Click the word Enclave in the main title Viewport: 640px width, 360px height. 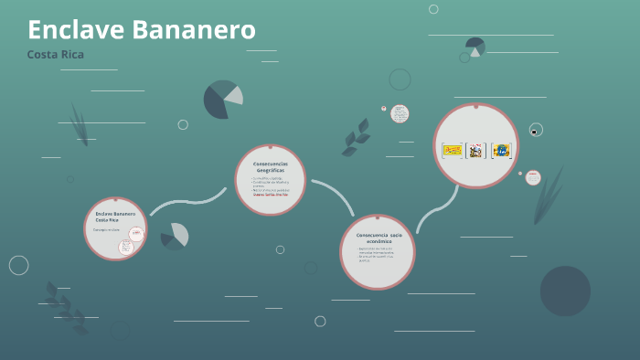pyautogui.click(x=76, y=30)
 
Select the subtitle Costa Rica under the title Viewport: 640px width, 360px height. pyautogui.click(x=56, y=55)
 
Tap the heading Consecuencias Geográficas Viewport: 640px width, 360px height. pyautogui.click(x=270, y=166)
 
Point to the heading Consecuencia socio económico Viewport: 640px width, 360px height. pyautogui.click(x=378, y=238)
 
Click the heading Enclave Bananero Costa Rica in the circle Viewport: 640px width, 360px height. pyautogui.click(x=115, y=217)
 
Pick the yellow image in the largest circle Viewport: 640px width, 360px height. pyautogui.click(x=453, y=150)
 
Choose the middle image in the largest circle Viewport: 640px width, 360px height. pyautogui.click(x=475, y=150)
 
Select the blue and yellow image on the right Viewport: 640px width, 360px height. pyautogui.click(x=500, y=150)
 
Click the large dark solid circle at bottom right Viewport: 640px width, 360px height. pyautogui.click(x=565, y=291)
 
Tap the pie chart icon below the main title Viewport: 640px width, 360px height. pyautogui.click(x=223, y=100)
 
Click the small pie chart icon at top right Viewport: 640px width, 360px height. pyautogui.click(x=475, y=46)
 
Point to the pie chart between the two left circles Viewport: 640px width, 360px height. pyautogui.click(x=174, y=237)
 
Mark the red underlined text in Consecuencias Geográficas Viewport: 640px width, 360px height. pyautogui.click(x=270, y=194)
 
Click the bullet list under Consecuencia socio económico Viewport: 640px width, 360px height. pyautogui.click(x=377, y=255)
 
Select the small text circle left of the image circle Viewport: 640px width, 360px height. pyautogui.click(x=400, y=114)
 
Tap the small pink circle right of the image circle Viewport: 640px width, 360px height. pyautogui.click(x=532, y=177)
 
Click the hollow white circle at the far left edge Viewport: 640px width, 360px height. pyautogui.click(x=18, y=265)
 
